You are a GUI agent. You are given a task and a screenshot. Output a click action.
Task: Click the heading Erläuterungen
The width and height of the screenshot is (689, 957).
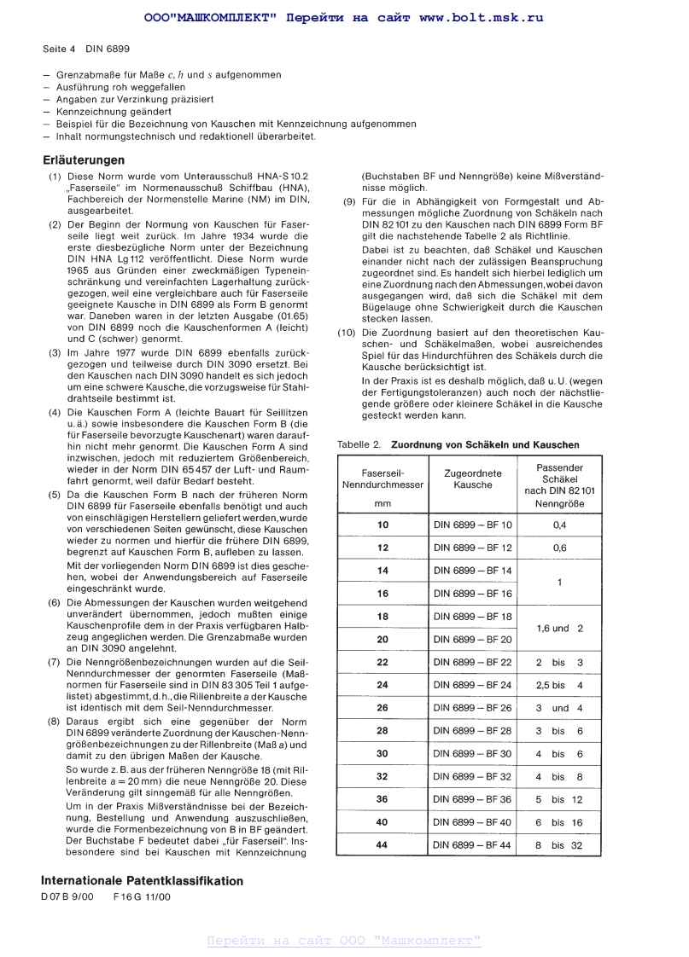[x=84, y=159]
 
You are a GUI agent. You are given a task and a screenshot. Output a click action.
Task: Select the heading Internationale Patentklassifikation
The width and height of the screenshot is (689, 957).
[x=142, y=881]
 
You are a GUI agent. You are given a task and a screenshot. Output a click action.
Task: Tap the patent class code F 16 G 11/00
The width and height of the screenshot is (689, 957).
[x=142, y=897]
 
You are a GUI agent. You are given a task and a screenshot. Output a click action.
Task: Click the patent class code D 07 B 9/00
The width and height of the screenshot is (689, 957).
[x=67, y=897]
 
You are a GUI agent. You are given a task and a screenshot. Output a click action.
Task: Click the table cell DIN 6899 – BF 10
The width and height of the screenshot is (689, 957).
[x=473, y=525]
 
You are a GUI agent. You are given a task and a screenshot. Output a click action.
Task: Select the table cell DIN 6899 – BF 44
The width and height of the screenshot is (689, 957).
[x=473, y=845]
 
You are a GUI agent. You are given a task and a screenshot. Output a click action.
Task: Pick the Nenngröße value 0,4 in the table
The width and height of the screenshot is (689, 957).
[x=559, y=525]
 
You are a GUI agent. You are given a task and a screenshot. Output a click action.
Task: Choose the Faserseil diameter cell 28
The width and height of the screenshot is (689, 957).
[x=382, y=730]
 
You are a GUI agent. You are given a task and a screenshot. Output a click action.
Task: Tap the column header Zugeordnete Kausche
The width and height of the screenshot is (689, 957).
[x=473, y=478]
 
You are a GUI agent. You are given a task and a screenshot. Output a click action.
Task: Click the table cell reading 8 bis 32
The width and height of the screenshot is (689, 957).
[x=559, y=845]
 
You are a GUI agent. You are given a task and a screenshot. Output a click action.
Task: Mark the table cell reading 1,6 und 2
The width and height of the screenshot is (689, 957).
[x=559, y=628]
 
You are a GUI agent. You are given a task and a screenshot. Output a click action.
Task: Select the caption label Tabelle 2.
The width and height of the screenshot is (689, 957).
[x=359, y=444]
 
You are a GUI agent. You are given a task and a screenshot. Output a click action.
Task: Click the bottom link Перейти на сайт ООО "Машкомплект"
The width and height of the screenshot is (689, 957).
[x=344, y=941]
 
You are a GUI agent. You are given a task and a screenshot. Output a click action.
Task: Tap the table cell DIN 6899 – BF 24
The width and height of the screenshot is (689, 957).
[x=473, y=685]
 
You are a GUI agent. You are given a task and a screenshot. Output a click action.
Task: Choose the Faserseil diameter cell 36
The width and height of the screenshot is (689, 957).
[x=382, y=799]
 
